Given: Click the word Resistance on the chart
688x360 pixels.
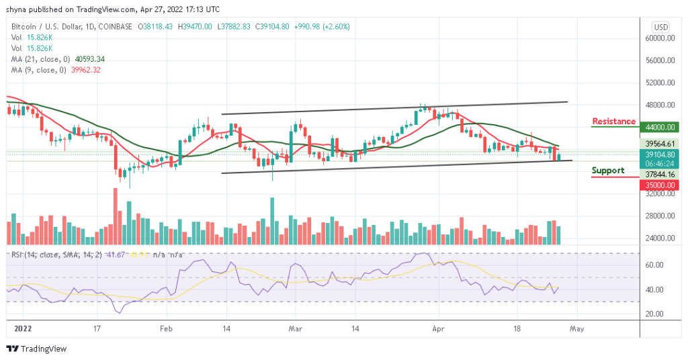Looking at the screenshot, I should point(613,122).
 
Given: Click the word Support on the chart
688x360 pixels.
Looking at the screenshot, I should point(608,171).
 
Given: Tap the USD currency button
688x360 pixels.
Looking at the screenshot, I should point(661,27).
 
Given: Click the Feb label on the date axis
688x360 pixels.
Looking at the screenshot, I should point(167,329).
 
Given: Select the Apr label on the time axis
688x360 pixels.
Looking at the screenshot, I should point(439,329).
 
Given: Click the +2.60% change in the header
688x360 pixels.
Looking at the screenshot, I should point(336,27).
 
